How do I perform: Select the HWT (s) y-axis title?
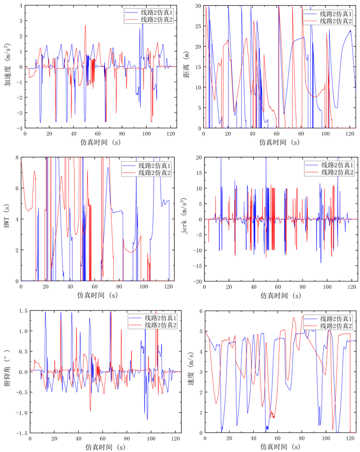coord(7,219)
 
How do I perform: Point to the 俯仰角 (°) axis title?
coord(7,372)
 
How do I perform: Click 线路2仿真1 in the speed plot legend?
coord(336,318)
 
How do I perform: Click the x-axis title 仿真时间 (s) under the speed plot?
coord(280,447)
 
